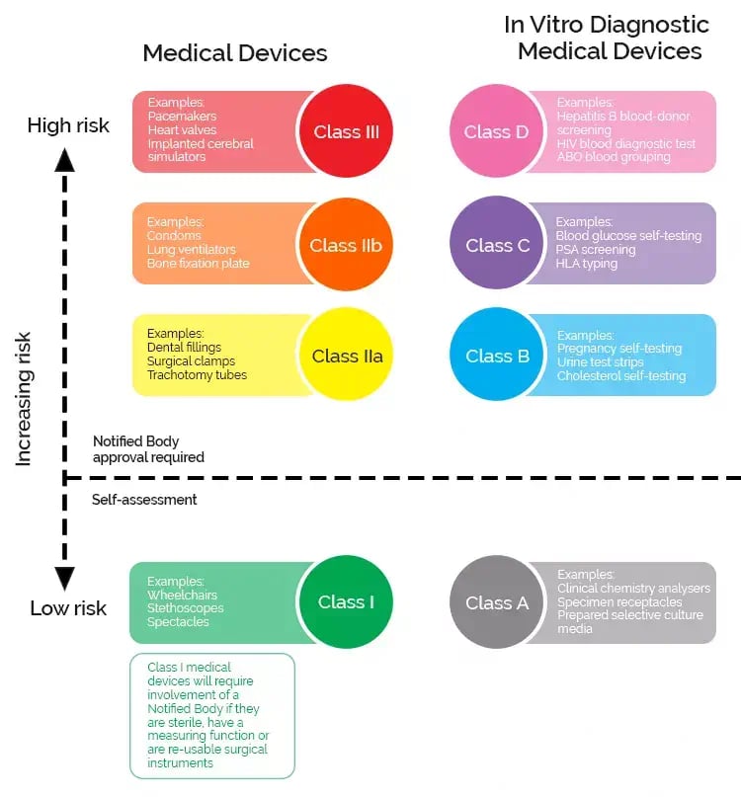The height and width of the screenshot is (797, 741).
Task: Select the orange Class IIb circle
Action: [x=346, y=245]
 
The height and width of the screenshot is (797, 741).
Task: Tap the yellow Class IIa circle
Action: [x=346, y=356]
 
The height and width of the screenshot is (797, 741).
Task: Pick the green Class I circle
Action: [x=346, y=602]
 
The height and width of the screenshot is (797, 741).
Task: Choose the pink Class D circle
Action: [x=497, y=131]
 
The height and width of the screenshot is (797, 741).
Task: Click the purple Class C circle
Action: [x=497, y=245]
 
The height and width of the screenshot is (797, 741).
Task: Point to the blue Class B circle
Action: [x=497, y=356]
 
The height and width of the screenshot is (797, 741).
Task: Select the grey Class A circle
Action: [x=497, y=602]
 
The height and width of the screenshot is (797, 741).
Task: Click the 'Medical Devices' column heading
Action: [x=234, y=52]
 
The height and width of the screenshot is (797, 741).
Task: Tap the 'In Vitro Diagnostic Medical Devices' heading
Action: [x=607, y=38]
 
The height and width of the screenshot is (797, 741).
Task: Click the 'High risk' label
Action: [x=68, y=125]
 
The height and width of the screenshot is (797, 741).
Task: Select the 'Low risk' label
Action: [x=68, y=607]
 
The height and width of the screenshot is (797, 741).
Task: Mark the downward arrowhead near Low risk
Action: [x=65, y=578]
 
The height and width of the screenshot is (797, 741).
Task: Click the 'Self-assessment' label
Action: [x=144, y=500]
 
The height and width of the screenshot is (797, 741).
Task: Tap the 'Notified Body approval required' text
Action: [x=148, y=449]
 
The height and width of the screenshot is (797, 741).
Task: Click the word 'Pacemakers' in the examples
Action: [x=182, y=116]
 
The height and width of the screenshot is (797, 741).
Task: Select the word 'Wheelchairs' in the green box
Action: [x=182, y=596]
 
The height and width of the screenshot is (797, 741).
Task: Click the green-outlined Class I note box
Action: [x=212, y=715]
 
